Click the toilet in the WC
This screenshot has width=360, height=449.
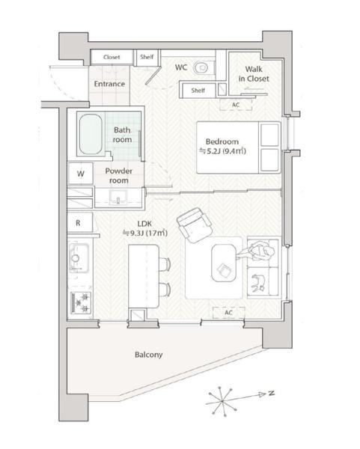click(202, 68)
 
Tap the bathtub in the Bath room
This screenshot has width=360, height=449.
click(91, 134)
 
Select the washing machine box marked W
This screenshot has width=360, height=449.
click(81, 174)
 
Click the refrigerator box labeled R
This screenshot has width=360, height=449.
click(79, 222)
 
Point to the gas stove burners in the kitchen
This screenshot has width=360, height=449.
click(81, 302)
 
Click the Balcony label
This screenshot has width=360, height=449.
click(149, 355)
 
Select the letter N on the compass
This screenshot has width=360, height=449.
click(271, 393)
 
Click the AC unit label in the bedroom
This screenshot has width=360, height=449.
click(236, 105)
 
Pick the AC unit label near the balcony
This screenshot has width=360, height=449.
click(228, 312)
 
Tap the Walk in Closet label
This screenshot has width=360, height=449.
click(254, 74)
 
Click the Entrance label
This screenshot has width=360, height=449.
click(109, 84)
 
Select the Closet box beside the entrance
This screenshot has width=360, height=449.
click(112, 57)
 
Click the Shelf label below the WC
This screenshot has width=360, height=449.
click(198, 91)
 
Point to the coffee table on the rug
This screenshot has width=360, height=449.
click(224, 263)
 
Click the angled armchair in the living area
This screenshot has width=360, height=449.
click(194, 225)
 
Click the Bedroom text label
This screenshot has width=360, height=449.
click(222, 141)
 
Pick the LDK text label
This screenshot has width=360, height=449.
click(144, 224)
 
